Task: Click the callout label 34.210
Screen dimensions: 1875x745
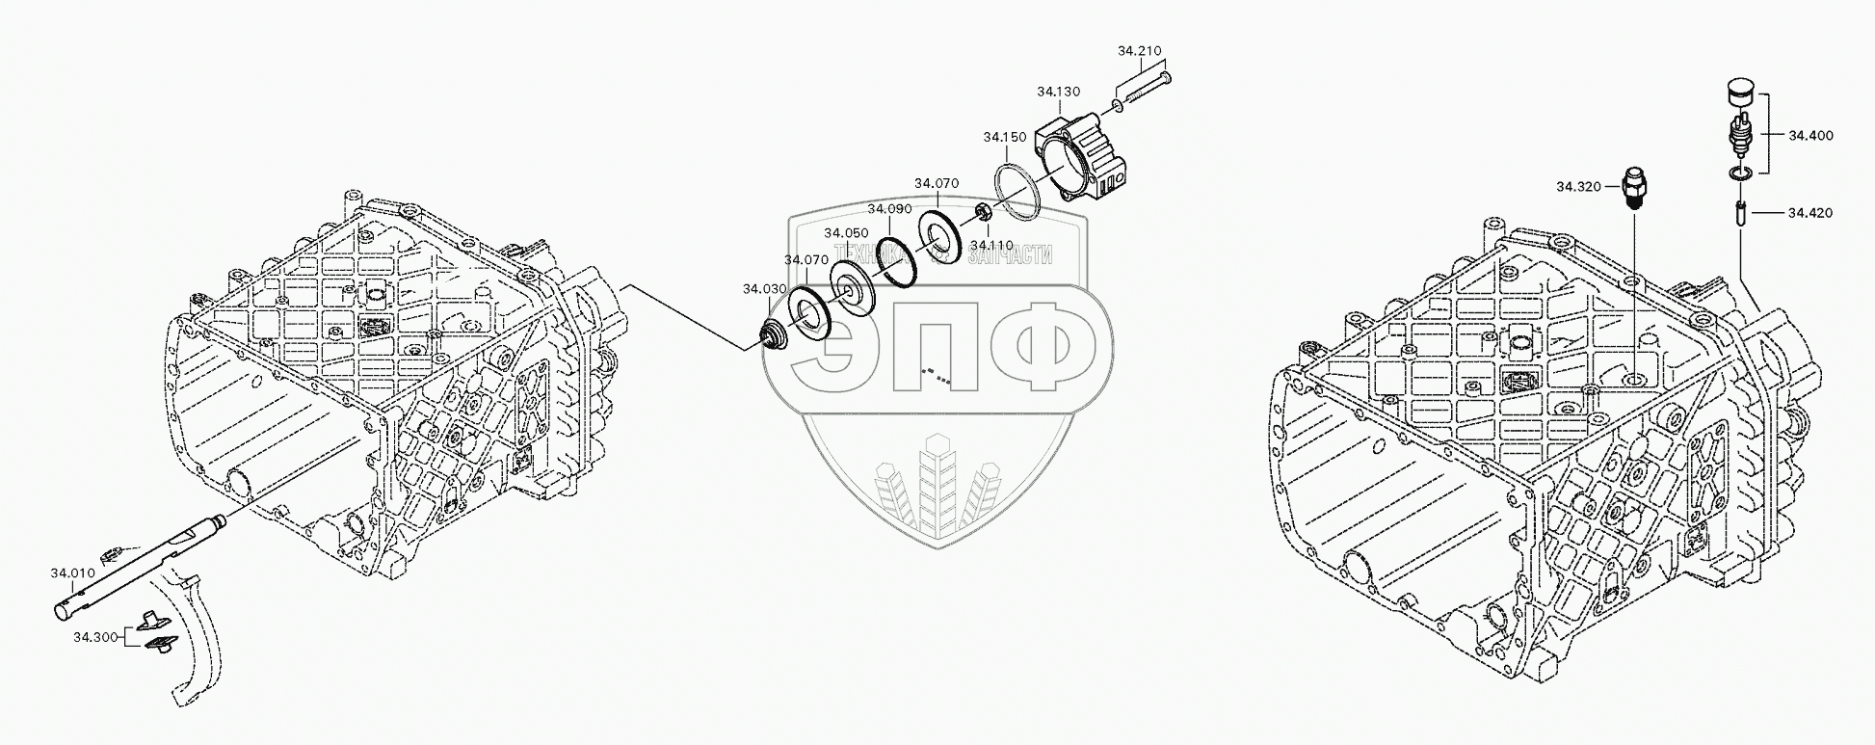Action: pos(1139,51)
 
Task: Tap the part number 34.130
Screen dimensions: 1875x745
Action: pos(1058,92)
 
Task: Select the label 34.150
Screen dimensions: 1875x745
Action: pos(1004,138)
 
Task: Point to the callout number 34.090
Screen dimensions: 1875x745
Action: pos(888,208)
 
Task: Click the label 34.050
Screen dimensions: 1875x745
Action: pos(846,233)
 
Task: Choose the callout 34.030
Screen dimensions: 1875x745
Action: pos(764,288)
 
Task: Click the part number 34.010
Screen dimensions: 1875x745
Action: pos(72,573)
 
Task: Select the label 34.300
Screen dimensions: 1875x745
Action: pos(94,637)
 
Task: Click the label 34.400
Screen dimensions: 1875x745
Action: pos(1810,136)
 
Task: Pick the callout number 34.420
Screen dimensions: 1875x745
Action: pos(1810,212)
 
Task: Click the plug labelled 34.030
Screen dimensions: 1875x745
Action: pos(771,335)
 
